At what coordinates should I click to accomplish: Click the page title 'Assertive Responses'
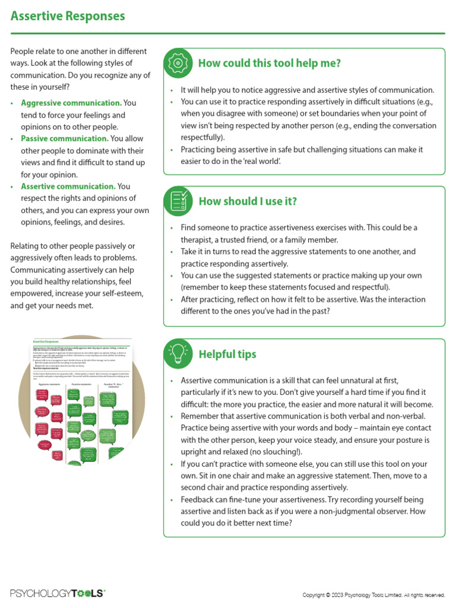coord(68,16)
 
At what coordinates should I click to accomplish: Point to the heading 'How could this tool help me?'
coord(269,64)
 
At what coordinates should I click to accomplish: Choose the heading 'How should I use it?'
coord(248,201)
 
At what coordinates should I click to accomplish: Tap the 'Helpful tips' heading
coord(227,354)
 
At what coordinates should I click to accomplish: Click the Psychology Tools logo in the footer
coord(58,593)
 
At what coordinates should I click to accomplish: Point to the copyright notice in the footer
coord(373,594)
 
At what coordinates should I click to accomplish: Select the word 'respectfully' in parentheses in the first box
coord(201,137)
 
